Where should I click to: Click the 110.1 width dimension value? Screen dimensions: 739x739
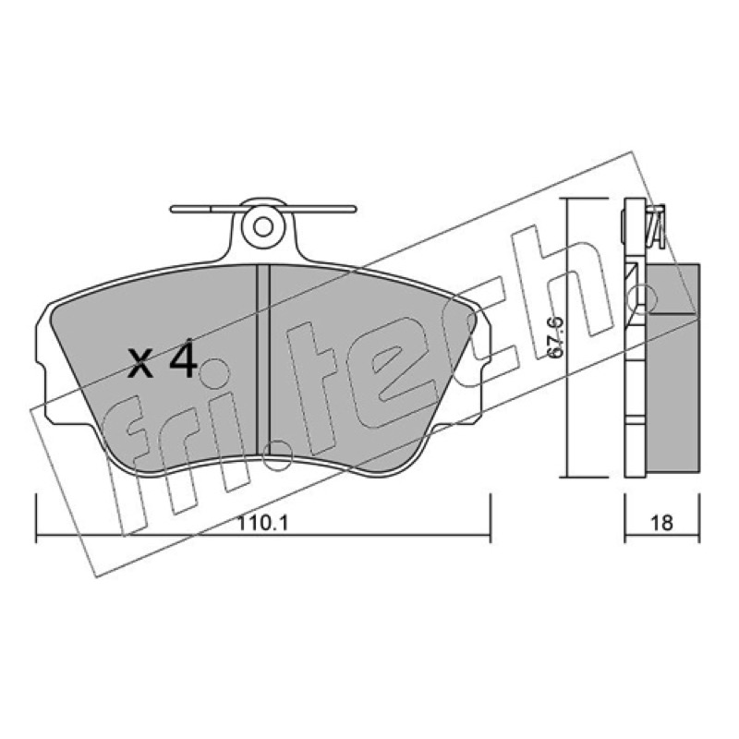tap(262, 523)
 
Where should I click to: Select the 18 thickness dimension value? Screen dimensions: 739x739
tap(661, 523)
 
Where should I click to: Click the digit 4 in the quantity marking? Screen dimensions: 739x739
tap(183, 361)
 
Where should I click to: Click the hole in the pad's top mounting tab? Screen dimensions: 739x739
tap(263, 227)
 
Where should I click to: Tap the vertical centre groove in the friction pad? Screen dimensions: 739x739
tap(262, 360)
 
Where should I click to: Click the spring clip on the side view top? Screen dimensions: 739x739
tap(656, 225)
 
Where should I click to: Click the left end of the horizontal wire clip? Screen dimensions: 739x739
tap(172, 209)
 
